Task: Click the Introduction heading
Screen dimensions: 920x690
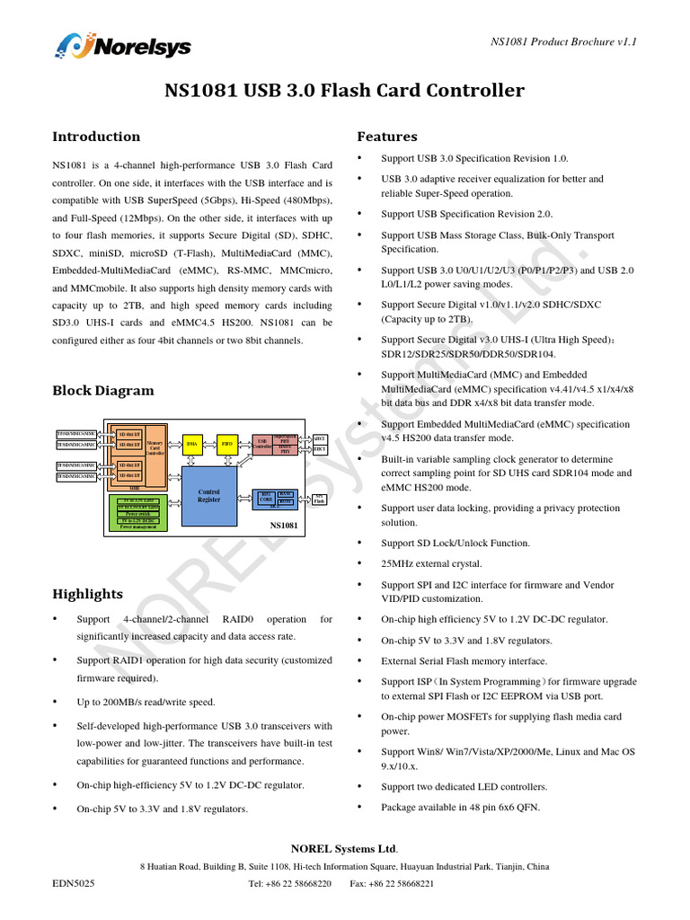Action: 96,137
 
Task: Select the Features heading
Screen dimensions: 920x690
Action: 387,137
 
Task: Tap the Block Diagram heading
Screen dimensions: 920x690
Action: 102,391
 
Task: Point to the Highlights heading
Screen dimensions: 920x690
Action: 87,594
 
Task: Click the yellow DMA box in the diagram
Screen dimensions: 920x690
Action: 191,443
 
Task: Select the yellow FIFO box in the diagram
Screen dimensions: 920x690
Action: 226,443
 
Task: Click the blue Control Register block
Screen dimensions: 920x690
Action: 208,496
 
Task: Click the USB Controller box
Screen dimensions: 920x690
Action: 262,443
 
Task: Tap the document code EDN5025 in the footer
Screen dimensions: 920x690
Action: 73,883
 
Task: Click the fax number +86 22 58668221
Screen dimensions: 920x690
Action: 402,883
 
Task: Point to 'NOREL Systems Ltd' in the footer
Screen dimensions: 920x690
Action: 344,849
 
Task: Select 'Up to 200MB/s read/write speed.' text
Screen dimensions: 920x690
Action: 146,702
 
